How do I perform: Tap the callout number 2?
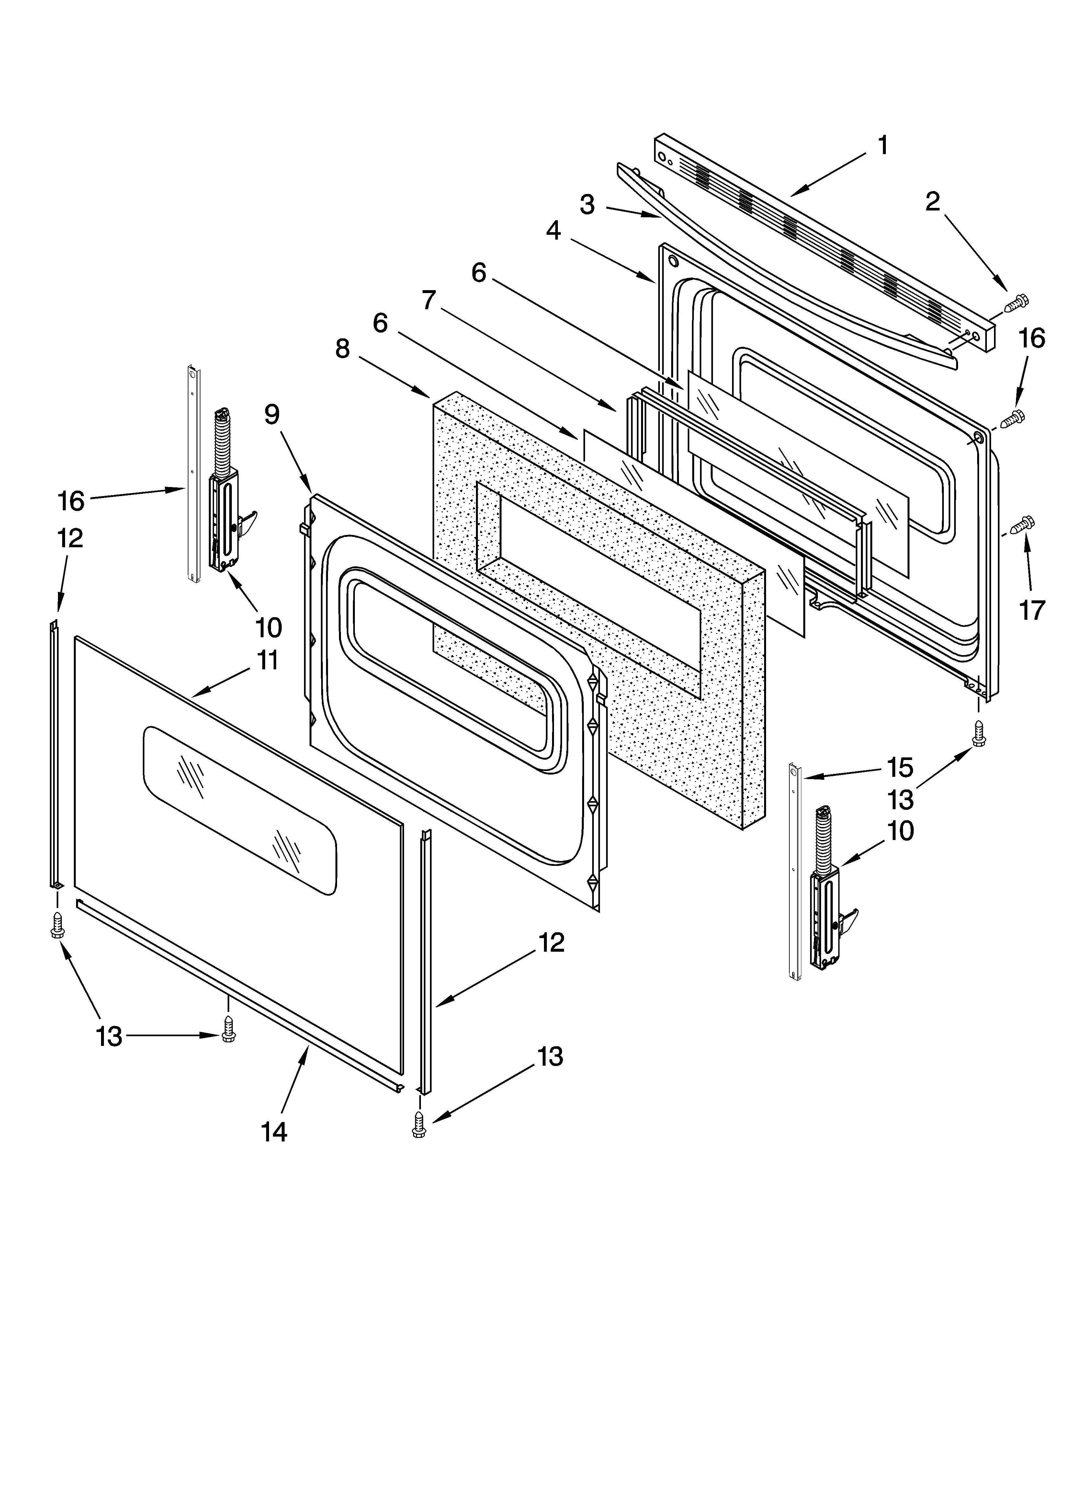pos(932,202)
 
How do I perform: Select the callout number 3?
pos(587,205)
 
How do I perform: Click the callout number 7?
pos(429,300)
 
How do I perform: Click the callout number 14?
pos(274,1132)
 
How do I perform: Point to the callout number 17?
pos(1032,610)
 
